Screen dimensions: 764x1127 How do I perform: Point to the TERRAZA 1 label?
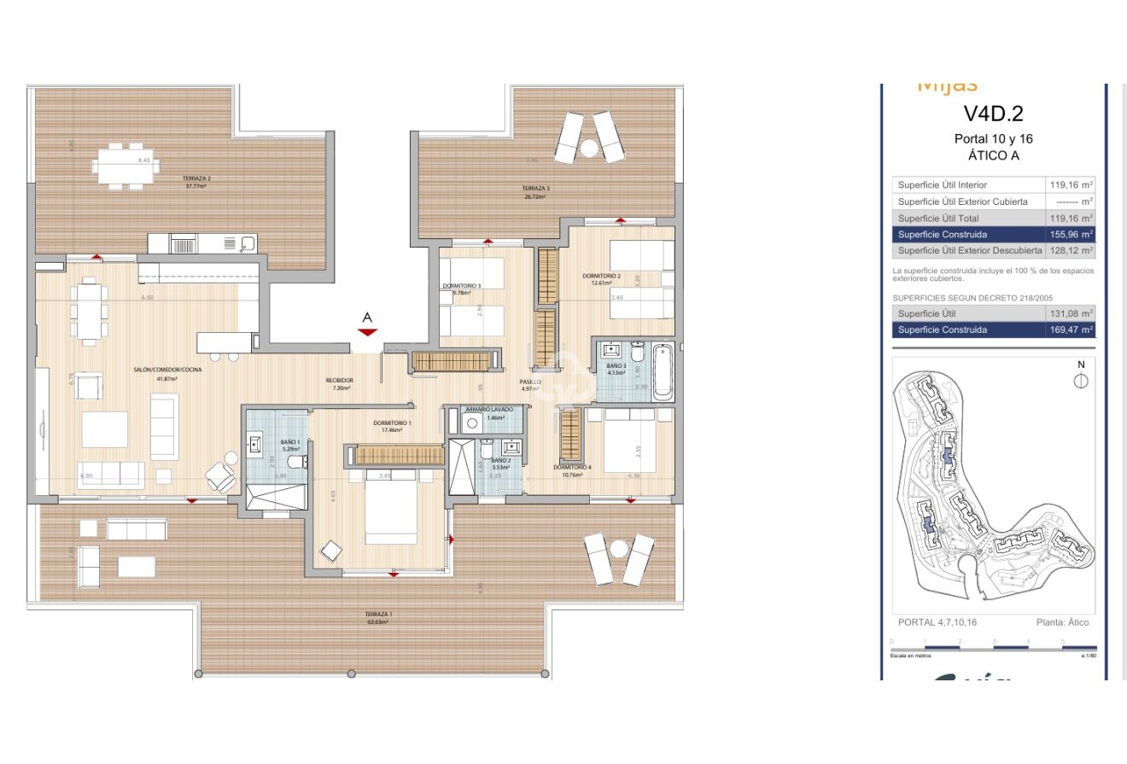378,615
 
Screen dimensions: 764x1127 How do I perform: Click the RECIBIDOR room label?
339,381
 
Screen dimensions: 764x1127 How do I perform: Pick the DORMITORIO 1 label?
392,423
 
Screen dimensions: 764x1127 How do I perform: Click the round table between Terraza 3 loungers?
589,149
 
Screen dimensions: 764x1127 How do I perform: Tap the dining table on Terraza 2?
125,165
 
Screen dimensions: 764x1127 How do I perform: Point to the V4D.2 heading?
993,114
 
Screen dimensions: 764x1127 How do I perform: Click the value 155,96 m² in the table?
1072,234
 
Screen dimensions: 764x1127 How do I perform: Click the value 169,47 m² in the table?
1072,330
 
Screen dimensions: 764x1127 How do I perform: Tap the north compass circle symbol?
1081,381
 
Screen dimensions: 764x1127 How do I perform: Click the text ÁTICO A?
993,155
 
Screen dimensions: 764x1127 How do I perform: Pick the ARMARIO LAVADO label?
489,409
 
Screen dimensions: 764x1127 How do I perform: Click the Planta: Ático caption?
1062,622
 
